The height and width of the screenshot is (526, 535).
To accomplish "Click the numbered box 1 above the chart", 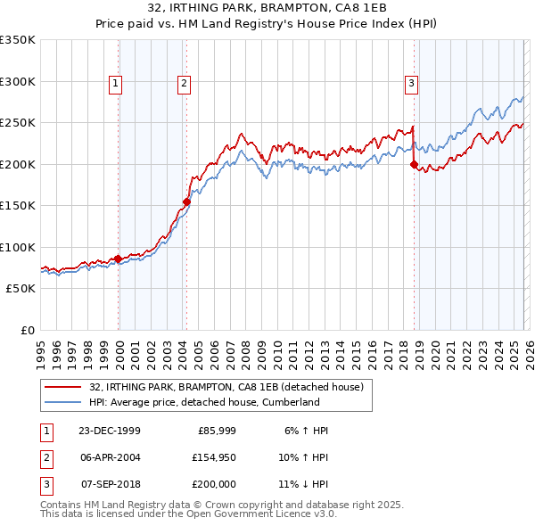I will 116,84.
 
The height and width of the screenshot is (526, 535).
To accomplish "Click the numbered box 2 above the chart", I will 184,84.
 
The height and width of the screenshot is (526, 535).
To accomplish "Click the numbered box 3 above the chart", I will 411,84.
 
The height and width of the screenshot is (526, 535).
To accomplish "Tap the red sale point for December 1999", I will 119,259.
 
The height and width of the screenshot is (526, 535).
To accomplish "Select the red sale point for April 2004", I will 186,201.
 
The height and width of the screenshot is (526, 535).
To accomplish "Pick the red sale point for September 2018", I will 414,164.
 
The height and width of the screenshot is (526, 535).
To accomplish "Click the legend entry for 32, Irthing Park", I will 226,388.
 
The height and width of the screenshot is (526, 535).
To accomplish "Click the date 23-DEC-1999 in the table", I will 109,431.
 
